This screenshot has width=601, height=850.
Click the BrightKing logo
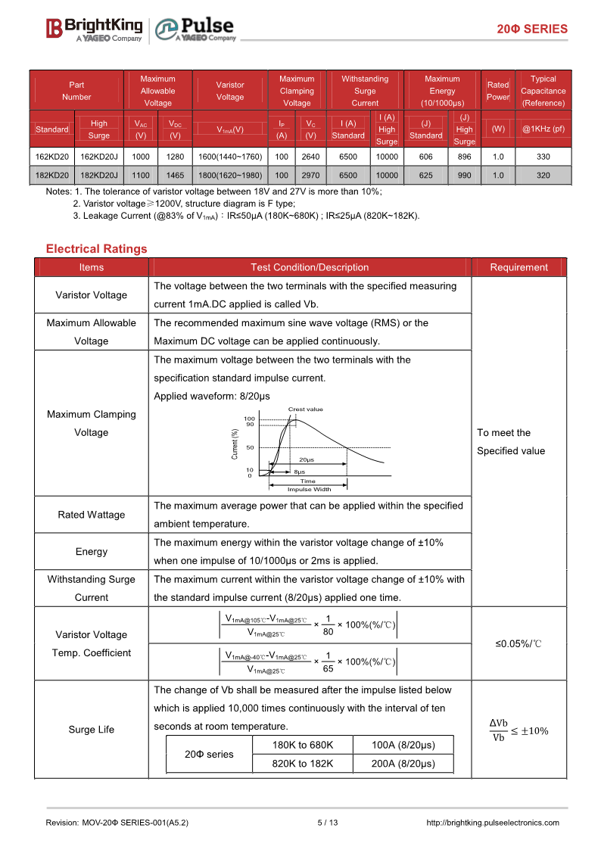95,29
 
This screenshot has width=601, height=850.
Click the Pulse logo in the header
196,29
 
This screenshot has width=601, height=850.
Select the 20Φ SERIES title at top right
531,29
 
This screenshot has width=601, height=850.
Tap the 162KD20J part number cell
98,156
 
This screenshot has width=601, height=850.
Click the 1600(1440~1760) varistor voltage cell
230,156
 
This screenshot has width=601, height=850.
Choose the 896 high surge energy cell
464,156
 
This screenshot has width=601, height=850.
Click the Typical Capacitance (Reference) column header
543,90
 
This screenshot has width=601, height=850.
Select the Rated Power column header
497,90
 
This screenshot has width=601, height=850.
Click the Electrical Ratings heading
96,249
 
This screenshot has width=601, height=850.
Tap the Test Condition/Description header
310,267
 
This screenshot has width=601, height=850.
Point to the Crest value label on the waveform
306,409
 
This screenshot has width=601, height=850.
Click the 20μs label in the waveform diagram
307,459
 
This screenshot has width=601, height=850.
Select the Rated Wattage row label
92,515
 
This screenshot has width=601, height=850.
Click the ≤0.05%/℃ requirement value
519,643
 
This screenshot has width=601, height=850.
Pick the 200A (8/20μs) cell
403,764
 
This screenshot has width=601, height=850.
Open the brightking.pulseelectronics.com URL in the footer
493,823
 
